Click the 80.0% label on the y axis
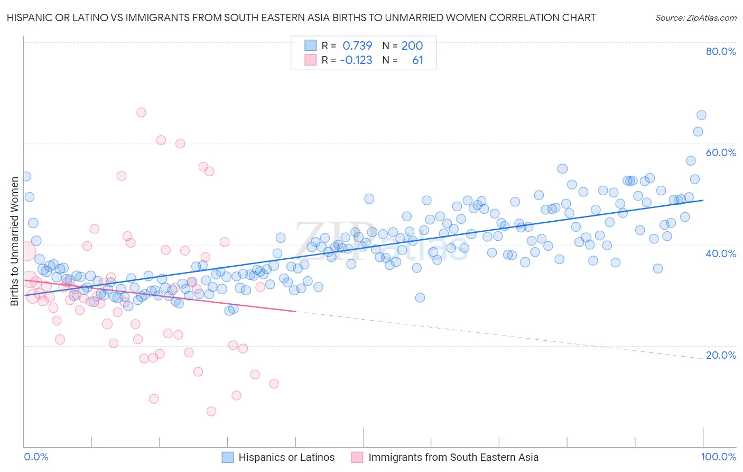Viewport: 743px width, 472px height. (x=721, y=51)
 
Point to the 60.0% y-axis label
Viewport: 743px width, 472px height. (x=721, y=152)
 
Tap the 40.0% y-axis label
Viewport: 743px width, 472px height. (x=721, y=253)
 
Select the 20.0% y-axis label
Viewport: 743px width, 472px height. (x=721, y=355)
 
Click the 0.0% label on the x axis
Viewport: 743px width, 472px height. (x=36, y=457)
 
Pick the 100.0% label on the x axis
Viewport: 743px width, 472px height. (x=718, y=457)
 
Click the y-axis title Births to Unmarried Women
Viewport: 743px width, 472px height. (x=15, y=241)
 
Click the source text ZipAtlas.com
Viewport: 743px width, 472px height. (x=696, y=18)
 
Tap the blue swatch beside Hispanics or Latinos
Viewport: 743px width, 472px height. (x=227, y=457)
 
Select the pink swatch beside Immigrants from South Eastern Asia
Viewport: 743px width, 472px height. (x=357, y=457)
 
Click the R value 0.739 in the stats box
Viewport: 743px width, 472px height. (x=357, y=46)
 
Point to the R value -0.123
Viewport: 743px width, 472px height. (x=356, y=60)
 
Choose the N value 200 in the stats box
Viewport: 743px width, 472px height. (x=412, y=46)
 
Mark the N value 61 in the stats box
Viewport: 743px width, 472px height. (x=417, y=60)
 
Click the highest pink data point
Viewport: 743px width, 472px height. (x=141, y=112)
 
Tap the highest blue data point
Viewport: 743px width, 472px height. (x=701, y=115)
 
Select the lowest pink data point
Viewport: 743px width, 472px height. (x=211, y=411)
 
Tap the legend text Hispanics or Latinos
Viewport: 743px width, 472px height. (x=286, y=457)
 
